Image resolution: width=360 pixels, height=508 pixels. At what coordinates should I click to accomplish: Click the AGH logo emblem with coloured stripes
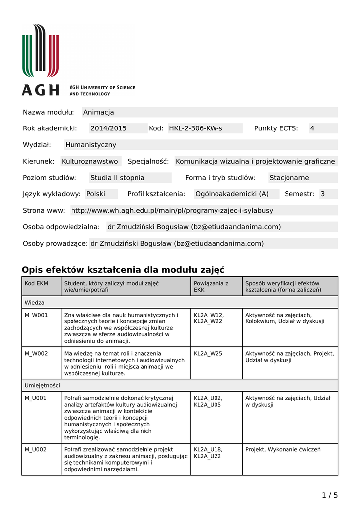[x=40, y=51]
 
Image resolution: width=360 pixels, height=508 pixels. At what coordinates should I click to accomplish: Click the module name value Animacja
[x=99, y=112]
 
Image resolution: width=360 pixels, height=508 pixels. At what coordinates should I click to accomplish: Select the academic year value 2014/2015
[x=108, y=128]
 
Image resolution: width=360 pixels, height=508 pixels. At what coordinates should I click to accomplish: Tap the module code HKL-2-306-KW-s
[x=196, y=128]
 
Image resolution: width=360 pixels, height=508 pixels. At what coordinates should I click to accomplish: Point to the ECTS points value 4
[x=312, y=128]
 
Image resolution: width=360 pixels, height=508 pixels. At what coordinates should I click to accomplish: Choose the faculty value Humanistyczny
[x=90, y=145]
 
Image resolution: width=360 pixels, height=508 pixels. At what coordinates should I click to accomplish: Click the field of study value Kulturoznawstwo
[x=90, y=161]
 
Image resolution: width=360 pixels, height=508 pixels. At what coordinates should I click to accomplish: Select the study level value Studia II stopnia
[x=117, y=178]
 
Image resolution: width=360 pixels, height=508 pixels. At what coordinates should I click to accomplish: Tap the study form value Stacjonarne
[x=289, y=178]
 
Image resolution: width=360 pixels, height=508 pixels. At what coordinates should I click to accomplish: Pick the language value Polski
[x=96, y=194]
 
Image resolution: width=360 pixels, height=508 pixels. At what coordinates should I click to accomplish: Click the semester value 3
[x=323, y=194]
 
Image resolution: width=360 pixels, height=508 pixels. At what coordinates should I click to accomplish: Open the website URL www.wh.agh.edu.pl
[x=172, y=210]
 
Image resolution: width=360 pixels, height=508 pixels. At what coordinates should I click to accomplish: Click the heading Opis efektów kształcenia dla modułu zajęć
[x=123, y=270]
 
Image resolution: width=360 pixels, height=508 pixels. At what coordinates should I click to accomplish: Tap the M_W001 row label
[x=36, y=315]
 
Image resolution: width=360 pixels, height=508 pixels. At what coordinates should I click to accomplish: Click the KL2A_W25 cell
[x=208, y=353]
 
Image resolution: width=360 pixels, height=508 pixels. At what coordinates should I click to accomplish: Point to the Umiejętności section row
[x=42, y=385]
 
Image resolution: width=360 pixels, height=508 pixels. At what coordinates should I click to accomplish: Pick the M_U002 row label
[x=36, y=449]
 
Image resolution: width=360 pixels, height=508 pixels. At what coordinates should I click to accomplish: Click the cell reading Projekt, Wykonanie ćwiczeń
[x=283, y=449]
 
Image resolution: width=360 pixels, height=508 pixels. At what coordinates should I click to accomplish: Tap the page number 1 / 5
[x=330, y=495]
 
